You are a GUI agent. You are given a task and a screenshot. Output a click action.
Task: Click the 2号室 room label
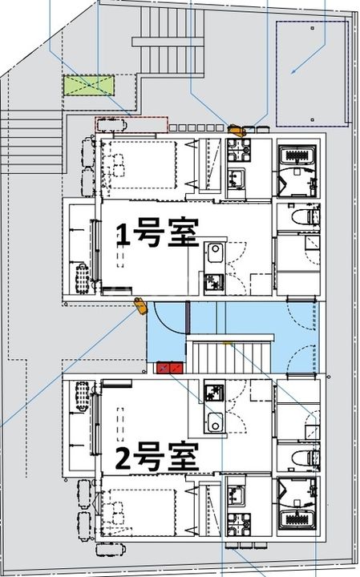[156, 459]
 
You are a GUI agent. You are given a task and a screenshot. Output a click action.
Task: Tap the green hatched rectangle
[90, 85]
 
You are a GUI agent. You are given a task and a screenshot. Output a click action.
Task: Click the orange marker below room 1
[140, 304]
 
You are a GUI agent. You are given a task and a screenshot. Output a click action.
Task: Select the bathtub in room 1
[298, 169]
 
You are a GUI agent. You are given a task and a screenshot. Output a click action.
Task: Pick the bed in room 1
[142, 165]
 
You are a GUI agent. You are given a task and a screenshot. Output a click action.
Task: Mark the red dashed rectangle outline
[131, 124]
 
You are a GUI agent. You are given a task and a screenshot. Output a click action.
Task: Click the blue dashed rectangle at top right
[309, 74]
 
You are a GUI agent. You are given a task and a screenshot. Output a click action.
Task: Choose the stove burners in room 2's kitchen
[214, 393]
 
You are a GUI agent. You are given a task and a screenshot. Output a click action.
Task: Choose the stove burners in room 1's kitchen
[214, 282]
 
